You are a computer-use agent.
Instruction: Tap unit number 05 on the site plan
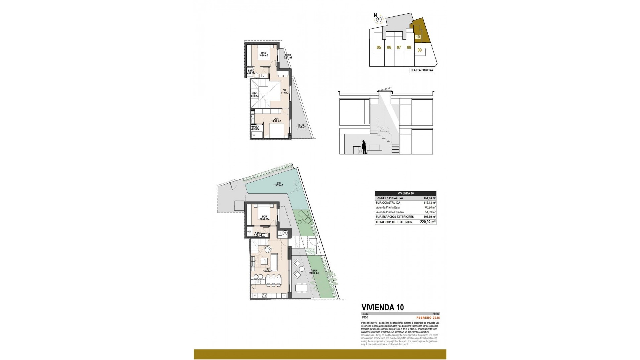tap(379, 48)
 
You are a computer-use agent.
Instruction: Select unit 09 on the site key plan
tap(420, 50)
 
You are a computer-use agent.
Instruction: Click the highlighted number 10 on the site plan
tap(418, 37)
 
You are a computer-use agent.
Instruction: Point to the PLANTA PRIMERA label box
tap(422, 70)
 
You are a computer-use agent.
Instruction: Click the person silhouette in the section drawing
tap(364, 147)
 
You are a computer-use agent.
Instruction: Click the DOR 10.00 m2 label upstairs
tap(264, 54)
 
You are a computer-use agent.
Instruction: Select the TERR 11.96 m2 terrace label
tap(301, 126)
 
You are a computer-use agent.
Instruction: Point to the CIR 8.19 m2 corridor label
tap(284, 91)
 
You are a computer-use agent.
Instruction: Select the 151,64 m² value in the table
tap(430, 198)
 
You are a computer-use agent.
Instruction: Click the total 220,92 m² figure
tap(428, 222)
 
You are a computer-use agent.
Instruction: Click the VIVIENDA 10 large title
tap(383, 307)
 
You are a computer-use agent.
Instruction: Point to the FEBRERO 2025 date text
tap(428, 318)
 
